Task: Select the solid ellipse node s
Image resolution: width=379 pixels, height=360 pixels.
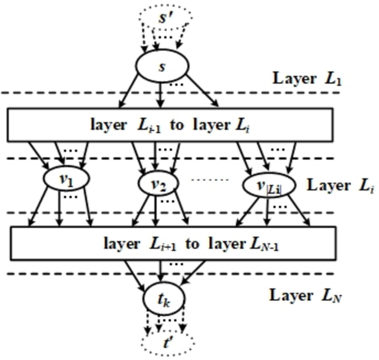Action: [x=162, y=65]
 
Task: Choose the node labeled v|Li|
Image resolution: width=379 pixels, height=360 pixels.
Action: [x=262, y=185]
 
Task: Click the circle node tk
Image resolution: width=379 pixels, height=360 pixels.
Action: [x=162, y=299]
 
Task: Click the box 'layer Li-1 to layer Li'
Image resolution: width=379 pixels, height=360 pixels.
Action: [x=169, y=124]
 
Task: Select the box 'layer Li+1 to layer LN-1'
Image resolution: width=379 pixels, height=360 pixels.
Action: [x=173, y=244]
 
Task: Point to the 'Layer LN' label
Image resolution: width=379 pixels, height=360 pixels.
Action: [x=303, y=296]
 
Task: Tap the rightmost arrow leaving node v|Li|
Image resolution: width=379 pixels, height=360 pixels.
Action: [x=299, y=210]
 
